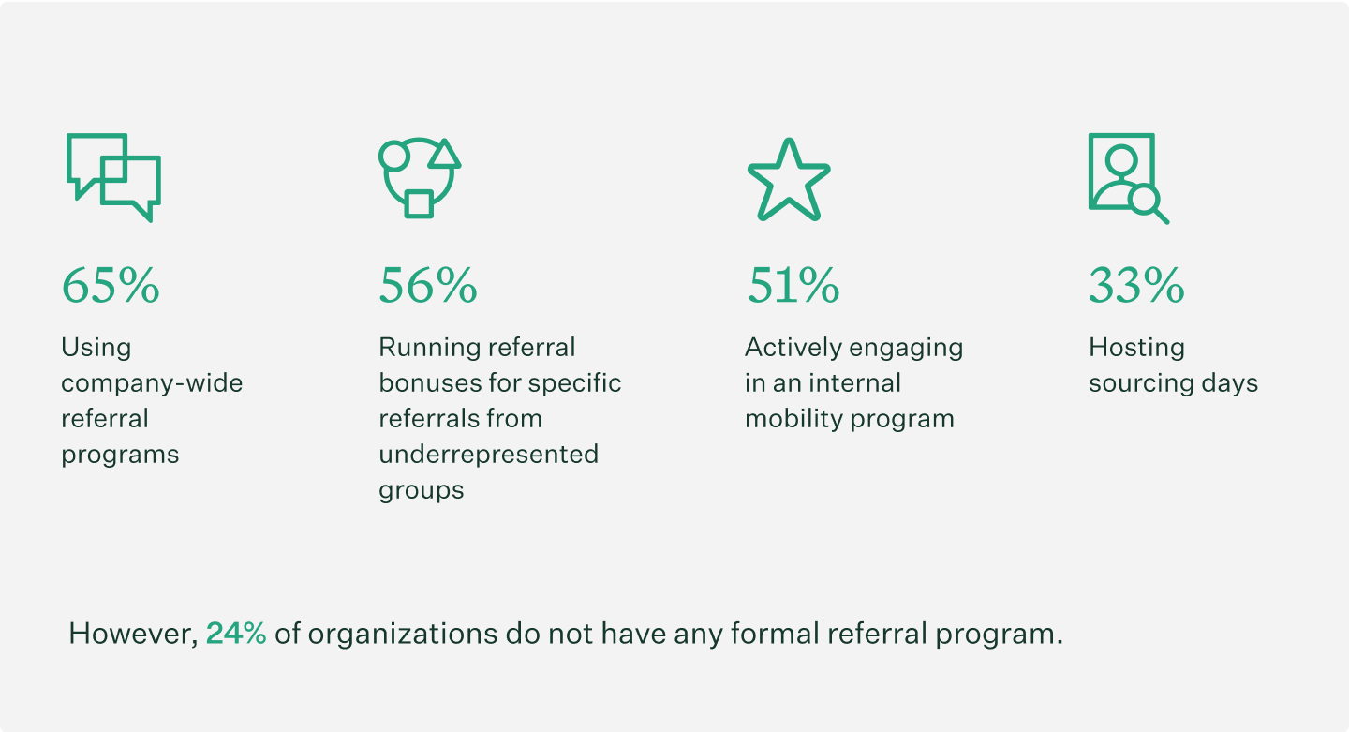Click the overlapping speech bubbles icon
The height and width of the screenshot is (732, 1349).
pos(113,176)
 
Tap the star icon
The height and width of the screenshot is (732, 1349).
pos(788,181)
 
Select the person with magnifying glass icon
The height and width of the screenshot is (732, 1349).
pos(1127,177)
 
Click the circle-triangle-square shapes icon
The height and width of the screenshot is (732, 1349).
pos(419,178)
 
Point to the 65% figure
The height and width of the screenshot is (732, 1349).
pos(111,286)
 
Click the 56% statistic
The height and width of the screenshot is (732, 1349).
pos(428,286)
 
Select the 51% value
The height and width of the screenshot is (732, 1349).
pos(793,286)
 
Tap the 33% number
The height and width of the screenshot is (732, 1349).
pos(1136,286)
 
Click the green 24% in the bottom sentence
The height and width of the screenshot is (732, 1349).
pos(236,634)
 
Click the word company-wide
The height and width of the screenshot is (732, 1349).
pos(152,383)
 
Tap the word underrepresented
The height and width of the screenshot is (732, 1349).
pos(488,455)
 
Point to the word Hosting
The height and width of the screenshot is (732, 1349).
pos(1136,348)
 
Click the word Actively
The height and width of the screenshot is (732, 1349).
pos(788,348)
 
